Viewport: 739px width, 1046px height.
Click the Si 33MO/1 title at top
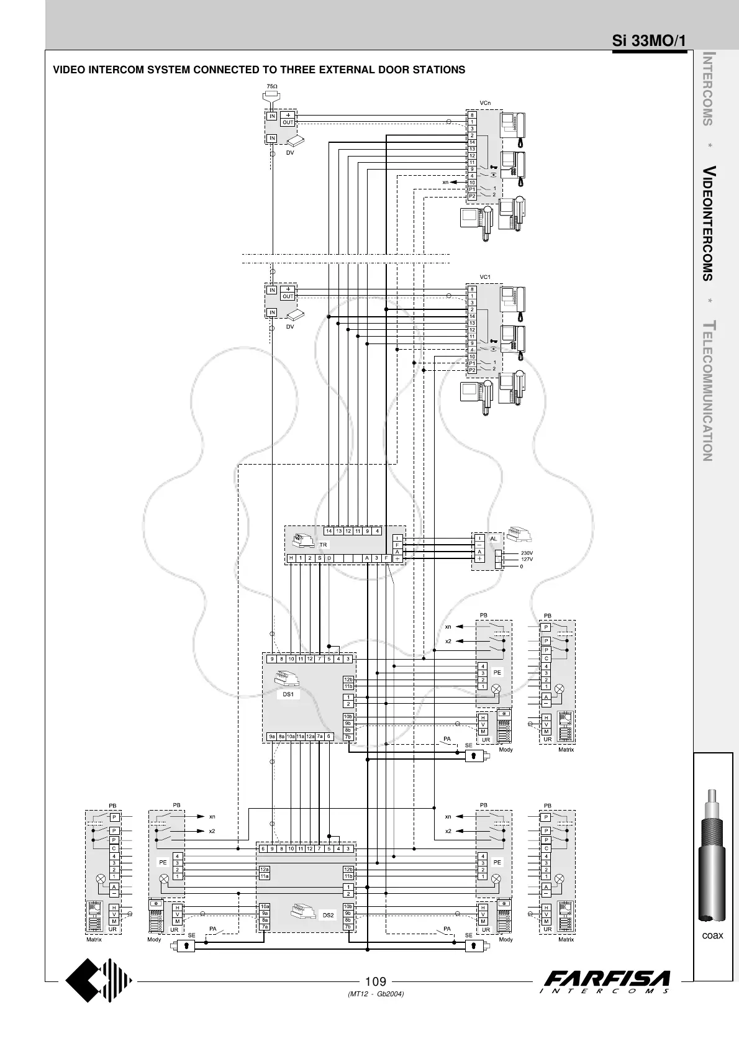pyautogui.click(x=648, y=41)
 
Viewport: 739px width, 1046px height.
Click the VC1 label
pyautogui.click(x=484, y=277)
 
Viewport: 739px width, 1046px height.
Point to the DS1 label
pyautogui.click(x=288, y=694)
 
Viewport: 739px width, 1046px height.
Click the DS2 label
pyautogui.click(x=328, y=915)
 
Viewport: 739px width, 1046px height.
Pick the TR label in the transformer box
pyautogui.click(x=323, y=544)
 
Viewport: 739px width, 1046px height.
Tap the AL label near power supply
pyautogui.click(x=494, y=539)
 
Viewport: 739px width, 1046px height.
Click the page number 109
pyautogui.click(x=376, y=982)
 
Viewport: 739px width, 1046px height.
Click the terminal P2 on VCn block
pyautogui.click(x=472, y=196)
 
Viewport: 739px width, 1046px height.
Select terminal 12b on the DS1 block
pyautogui.click(x=348, y=680)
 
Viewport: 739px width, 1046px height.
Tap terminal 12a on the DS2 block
pyautogui.click(x=265, y=870)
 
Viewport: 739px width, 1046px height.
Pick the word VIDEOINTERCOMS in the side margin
pyautogui.click(x=707, y=224)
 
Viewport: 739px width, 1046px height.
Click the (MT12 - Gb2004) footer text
pyautogui.click(x=376, y=994)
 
